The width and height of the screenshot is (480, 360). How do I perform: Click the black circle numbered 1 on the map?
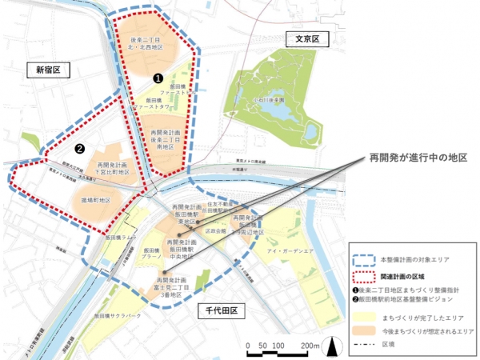[158, 78]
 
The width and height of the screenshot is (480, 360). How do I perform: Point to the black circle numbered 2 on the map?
[79, 148]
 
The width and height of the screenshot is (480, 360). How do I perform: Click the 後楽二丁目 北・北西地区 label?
[148, 42]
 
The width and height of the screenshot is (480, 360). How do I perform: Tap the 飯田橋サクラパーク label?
[130, 316]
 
